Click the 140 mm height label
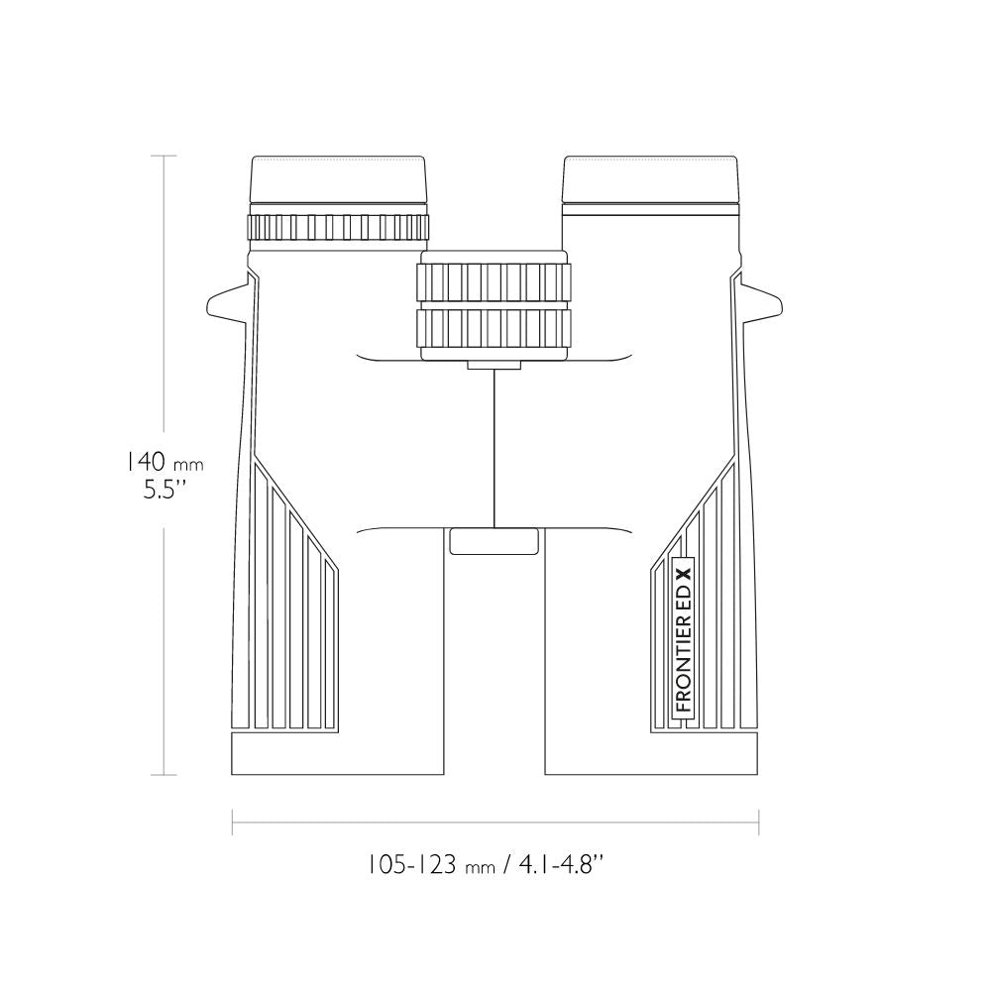pos(164,462)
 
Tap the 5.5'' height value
pos(165,490)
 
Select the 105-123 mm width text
pos(432,864)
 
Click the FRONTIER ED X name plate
pos(684,638)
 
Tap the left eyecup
pos(339,179)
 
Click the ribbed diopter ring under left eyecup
pos(338,227)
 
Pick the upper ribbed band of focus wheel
pos(495,281)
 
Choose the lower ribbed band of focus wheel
pos(495,328)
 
